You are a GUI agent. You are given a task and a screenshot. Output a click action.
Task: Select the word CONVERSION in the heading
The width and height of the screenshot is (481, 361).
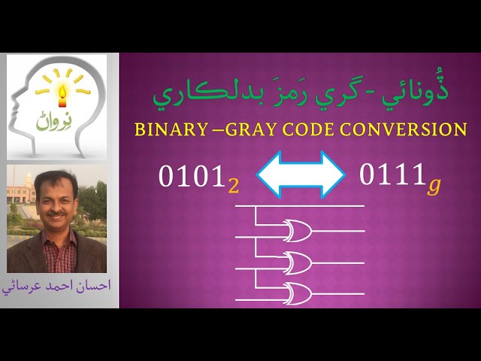coord(400,129)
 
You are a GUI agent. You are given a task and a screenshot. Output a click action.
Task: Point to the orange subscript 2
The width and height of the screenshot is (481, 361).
coord(234,185)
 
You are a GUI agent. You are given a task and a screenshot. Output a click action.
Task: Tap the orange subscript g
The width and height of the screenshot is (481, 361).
coord(434,185)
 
